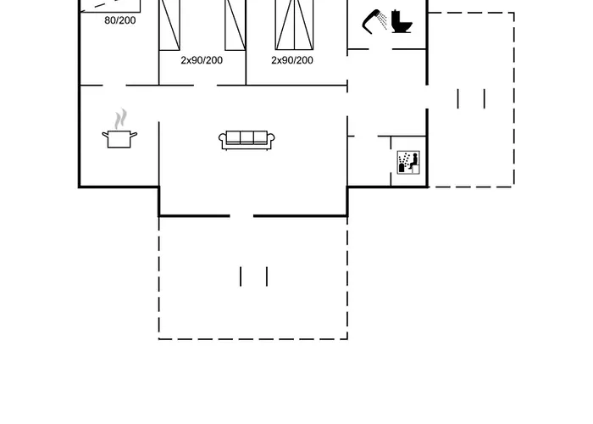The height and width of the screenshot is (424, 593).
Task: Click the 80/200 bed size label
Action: tap(120, 20)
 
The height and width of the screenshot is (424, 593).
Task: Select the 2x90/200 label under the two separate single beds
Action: tap(202, 60)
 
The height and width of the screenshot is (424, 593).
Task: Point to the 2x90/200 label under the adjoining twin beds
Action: tap(292, 60)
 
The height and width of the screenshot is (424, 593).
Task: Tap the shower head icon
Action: tap(374, 21)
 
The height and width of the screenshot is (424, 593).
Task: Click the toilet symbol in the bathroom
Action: tap(402, 21)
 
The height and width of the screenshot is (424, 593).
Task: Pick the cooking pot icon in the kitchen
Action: tap(119, 139)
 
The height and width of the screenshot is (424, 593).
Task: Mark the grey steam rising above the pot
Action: tap(120, 119)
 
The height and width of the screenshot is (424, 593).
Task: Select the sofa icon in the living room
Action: tap(247, 140)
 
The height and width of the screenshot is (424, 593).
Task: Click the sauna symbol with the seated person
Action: tap(408, 163)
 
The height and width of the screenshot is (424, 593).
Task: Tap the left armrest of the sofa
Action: tap(222, 141)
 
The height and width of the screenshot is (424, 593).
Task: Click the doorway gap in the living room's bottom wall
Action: tap(241, 216)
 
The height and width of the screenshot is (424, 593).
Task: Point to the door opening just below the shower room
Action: tap(380, 49)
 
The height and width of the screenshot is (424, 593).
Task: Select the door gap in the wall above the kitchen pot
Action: tap(114, 85)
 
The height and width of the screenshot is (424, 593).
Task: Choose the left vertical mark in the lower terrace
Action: tap(241, 276)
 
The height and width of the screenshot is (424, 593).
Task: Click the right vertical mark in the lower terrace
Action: tap(267, 276)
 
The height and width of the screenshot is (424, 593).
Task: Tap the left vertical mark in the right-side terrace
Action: tap(458, 99)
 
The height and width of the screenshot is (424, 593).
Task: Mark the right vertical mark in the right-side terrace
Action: tap(485, 99)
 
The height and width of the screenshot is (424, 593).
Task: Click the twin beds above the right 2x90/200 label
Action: tap(294, 25)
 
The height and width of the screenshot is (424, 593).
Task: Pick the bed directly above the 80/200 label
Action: tap(110, 6)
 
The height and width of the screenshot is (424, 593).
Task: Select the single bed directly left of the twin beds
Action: tap(236, 25)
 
